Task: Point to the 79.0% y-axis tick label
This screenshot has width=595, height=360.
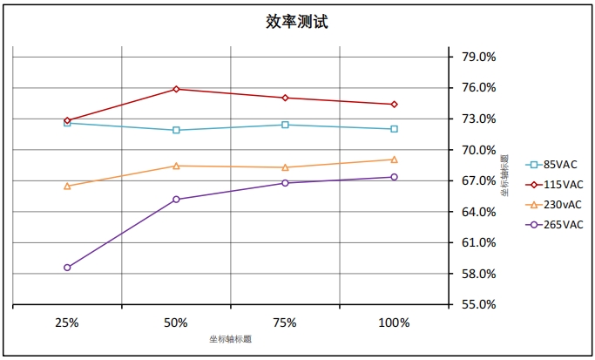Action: [477, 57]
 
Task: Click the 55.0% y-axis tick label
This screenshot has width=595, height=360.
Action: [477, 305]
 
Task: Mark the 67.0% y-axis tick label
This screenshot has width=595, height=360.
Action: [477, 180]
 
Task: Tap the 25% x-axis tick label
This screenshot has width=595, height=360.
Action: [67, 323]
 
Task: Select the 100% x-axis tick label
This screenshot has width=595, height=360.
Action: [394, 323]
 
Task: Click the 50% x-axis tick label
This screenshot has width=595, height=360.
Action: [176, 323]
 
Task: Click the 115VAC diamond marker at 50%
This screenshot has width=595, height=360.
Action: [176, 89]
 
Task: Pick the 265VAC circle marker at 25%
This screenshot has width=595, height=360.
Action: [67, 268]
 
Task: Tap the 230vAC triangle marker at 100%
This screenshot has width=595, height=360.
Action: [394, 160]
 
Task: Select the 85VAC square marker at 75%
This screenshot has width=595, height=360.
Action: [285, 125]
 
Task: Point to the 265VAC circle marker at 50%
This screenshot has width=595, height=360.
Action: [176, 200]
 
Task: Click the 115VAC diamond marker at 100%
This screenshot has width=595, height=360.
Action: [394, 105]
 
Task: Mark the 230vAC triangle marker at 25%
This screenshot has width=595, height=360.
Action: [67, 186]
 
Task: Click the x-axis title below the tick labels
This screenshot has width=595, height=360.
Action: [230, 338]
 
